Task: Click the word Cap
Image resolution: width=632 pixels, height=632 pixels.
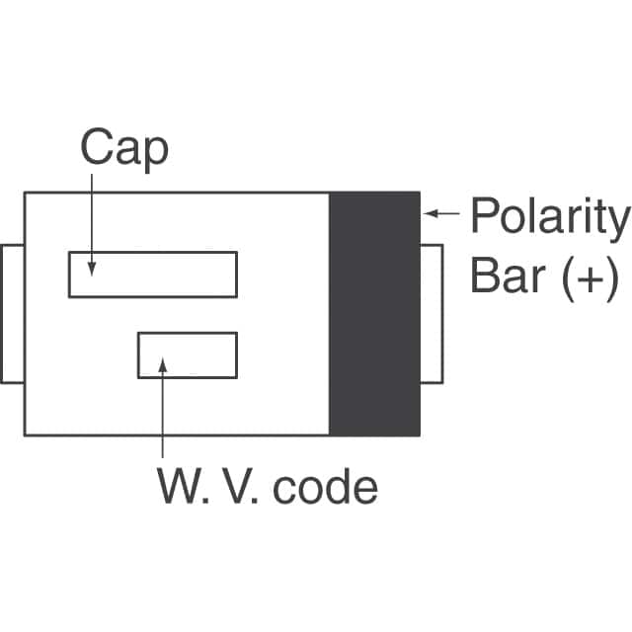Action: pos(123,149)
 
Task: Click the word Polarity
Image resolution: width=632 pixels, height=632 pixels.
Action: pos(549,217)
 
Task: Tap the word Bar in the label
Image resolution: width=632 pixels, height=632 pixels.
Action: pos(508,276)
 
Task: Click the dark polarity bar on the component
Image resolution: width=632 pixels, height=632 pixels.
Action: pos(374,313)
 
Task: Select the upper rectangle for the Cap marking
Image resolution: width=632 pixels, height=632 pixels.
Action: pos(153,274)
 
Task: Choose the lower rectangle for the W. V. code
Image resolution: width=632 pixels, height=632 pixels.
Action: pos(188,355)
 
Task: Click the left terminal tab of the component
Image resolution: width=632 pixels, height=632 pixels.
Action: pos(12,313)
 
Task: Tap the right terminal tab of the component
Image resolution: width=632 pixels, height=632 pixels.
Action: pos(432,313)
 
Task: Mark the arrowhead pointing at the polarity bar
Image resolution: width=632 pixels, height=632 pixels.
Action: pos(429,213)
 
